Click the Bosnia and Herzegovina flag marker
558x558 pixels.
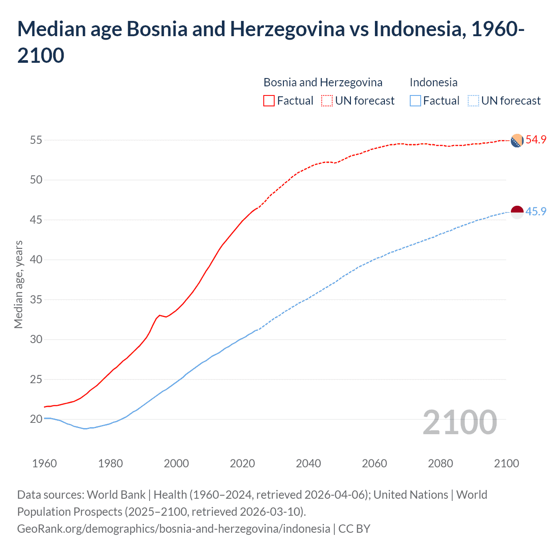[517, 141]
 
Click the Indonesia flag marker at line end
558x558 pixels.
[517, 212]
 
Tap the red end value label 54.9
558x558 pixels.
[536, 140]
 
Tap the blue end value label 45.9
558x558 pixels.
[536, 211]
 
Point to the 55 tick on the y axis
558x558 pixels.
[36, 140]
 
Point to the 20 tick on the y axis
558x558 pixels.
[36, 419]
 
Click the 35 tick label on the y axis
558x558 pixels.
[36, 299]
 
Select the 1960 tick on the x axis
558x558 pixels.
[44, 463]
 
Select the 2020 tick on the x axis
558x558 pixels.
[242, 463]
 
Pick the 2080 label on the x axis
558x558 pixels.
[440, 463]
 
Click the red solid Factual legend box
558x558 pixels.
[269, 101]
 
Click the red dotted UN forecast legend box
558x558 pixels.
[327, 101]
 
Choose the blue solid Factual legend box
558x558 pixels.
[415, 101]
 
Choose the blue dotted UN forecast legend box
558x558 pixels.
[473, 101]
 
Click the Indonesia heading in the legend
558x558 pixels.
[433, 82]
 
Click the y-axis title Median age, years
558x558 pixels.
[19, 284]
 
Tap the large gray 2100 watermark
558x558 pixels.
[459, 422]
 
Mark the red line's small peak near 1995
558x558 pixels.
[160, 315]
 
